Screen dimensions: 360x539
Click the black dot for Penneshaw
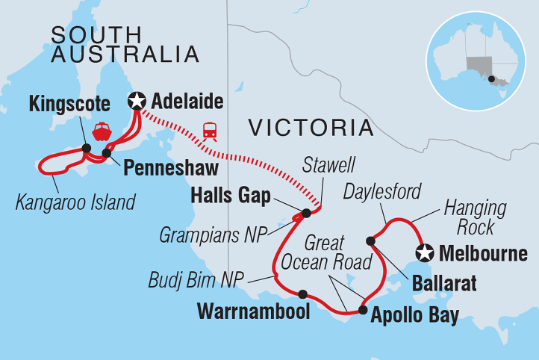pos(107,153)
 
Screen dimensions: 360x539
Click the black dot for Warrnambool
pos(302,294)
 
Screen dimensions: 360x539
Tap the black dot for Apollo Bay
pos(362,309)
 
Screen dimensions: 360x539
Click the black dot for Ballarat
pos(370,240)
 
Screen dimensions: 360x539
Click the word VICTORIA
pos(311,128)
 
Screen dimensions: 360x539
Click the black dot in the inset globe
pos(491,78)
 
